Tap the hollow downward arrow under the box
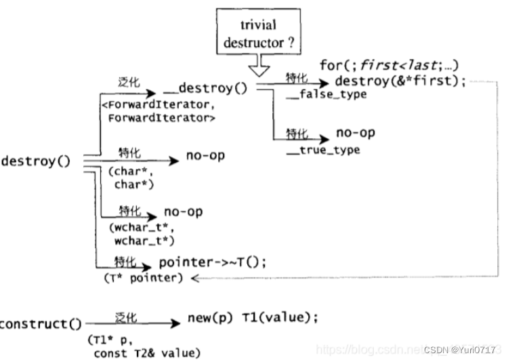259,65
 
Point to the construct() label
41,324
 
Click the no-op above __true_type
355,134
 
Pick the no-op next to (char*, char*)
205,157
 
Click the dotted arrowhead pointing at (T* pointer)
194,279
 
